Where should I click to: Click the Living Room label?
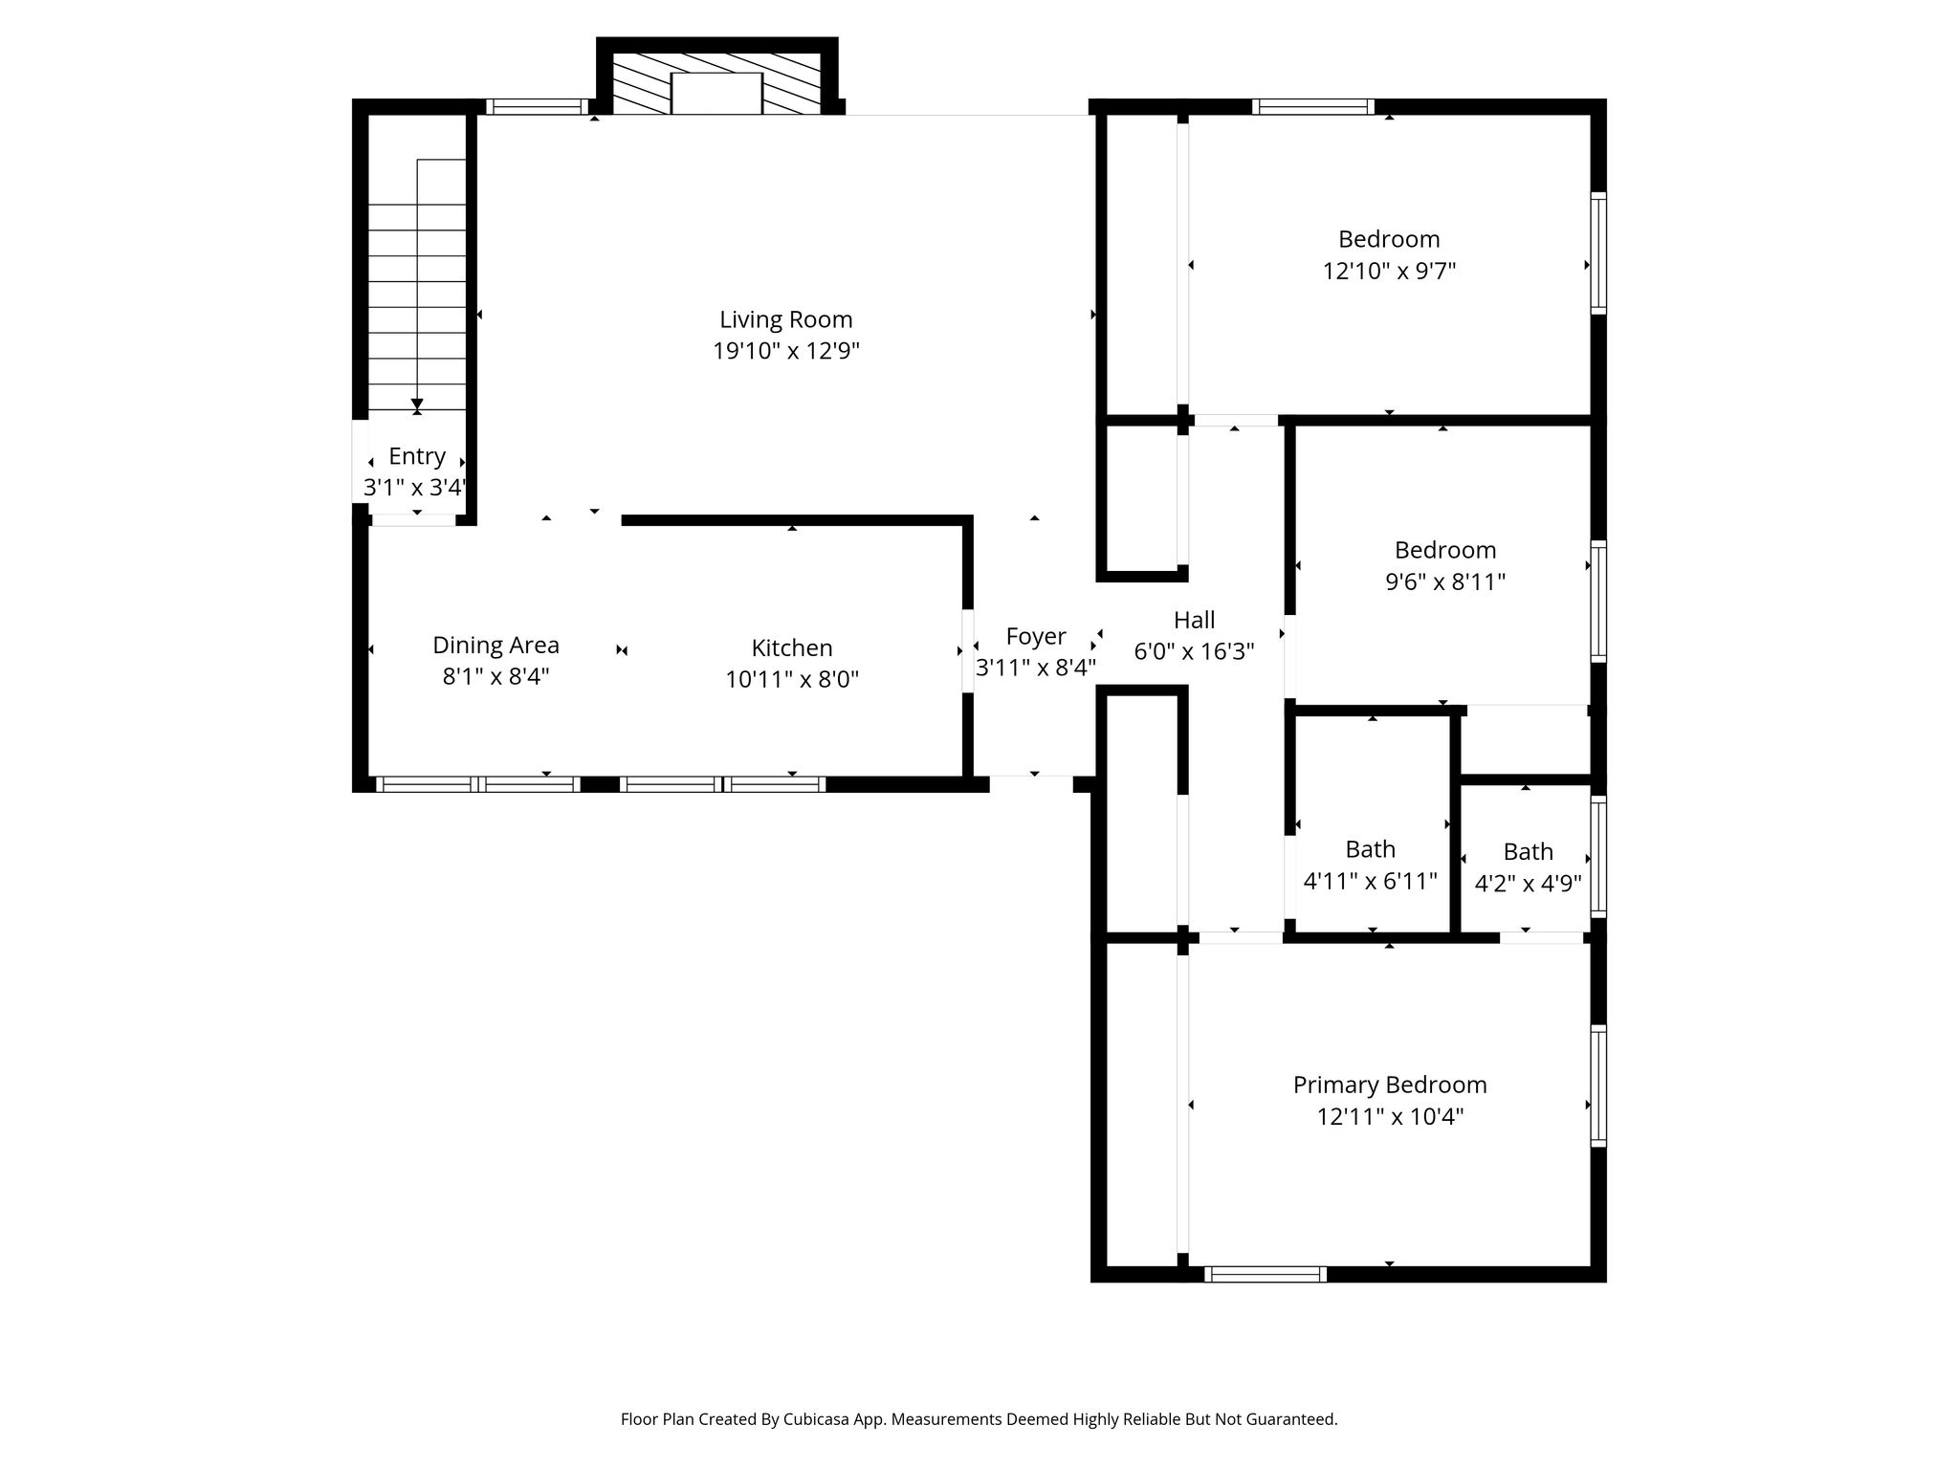(785, 319)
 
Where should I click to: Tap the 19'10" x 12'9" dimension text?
(785, 351)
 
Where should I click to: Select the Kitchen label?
(791, 647)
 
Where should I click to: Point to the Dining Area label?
(495, 646)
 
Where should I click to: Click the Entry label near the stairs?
(417, 457)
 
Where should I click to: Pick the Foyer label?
(1036, 637)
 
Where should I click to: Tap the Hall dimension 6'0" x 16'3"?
(1194, 651)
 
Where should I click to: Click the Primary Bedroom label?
(1390, 1085)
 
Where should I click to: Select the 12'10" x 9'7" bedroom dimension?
(1389, 271)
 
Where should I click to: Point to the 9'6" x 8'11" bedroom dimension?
(1445, 581)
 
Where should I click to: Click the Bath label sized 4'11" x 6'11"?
(1370, 849)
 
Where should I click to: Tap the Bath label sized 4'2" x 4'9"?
(1528, 851)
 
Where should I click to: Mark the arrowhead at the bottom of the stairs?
(417, 406)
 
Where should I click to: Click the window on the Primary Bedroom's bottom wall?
(1266, 1274)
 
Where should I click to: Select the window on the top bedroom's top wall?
(1313, 107)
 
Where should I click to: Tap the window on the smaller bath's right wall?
(1598, 856)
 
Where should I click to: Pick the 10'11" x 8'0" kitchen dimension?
(792, 679)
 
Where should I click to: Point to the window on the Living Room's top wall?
(537, 107)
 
